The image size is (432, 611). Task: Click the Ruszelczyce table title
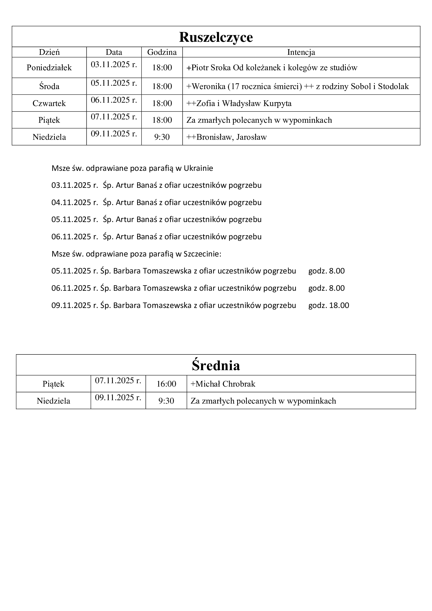coord(216,37)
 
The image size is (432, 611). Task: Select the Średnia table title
coord(216,365)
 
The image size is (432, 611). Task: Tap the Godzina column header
coord(162,52)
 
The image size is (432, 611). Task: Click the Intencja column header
coord(301,52)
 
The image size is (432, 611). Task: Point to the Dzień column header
coord(49,52)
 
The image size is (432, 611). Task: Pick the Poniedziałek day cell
coord(49,68)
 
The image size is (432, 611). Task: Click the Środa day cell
coord(49,86)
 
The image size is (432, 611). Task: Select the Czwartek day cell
coord(49,103)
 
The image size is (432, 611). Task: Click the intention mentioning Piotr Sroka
coord(272,68)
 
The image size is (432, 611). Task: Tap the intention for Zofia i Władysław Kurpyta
coord(239,103)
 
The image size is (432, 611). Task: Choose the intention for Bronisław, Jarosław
coord(226,137)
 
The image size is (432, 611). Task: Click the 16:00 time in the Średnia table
coord(166,384)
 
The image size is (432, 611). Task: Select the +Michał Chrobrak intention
coord(223,384)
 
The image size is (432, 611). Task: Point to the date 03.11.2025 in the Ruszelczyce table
coord(114,65)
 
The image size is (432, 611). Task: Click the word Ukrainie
coord(198,168)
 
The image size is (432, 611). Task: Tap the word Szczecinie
coord(202,254)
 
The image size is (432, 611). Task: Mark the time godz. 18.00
coord(329,305)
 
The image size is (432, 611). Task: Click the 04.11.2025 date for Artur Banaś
coord(75,202)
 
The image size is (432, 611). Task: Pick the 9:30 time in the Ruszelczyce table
coord(162,137)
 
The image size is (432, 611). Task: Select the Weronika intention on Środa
coord(297,86)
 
